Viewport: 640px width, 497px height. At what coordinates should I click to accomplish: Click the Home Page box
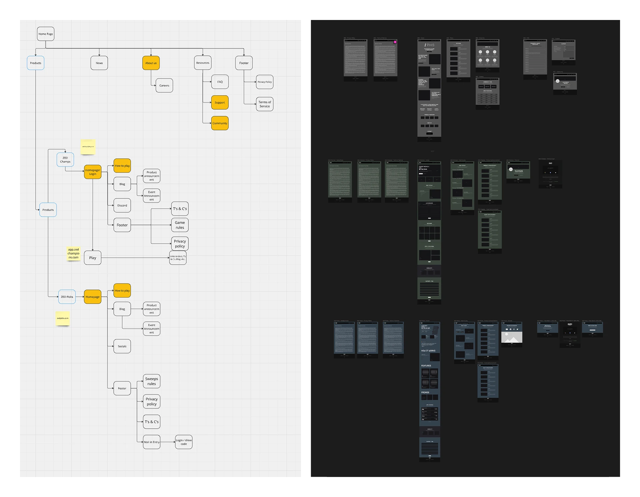pyautogui.click(x=45, y=34)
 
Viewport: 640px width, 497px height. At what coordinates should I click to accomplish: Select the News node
pyautogui.click(x=99, y=63)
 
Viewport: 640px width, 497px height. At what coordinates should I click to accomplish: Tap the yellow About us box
pyautogui.click(x=151, y=63)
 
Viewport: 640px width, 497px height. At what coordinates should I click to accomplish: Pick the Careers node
pyautogui.click(x=164, y=86)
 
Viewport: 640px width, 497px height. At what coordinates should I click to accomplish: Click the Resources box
pyautogui.click(x=203, y=63)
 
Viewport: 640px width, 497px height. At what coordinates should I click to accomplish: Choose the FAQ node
pyautogui.click(x=220, y=82)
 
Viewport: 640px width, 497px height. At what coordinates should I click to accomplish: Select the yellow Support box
pyautogui.click(x=220, y=103)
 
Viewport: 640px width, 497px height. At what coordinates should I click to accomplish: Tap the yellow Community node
pyautogui.click(x=220, y=123)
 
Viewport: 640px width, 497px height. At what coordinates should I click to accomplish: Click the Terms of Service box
pyautogui.click(x=265, y=104)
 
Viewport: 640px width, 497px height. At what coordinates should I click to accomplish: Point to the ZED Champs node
pyautogui.click(x=65, y=160)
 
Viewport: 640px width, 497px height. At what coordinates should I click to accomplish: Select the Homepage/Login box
pyautogui.click(x=93, y=172)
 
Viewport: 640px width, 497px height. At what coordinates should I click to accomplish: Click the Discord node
pyautogui.click(x=122, y=206)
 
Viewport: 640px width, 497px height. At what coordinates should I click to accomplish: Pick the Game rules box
pyautogui.click(x=180, y=225)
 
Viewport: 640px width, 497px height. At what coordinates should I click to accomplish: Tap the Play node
pyautogui.click(x=93, y=258)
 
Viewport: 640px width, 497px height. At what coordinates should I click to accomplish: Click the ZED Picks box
pyautogui.click(x=67, y=297)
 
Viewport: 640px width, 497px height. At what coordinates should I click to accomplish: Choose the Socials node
pyautogui.click(x=122, y=346)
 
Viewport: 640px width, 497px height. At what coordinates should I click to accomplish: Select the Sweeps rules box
pyautogui.click(x=151, y=381)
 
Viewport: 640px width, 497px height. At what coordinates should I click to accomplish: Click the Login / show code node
pyautogui.click(x=184, y=442)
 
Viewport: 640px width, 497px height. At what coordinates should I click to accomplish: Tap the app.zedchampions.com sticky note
pyautogui.click(x=73, y=253)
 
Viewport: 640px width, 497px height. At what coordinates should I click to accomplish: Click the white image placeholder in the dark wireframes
pyautogui.click(x=512, y=337)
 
